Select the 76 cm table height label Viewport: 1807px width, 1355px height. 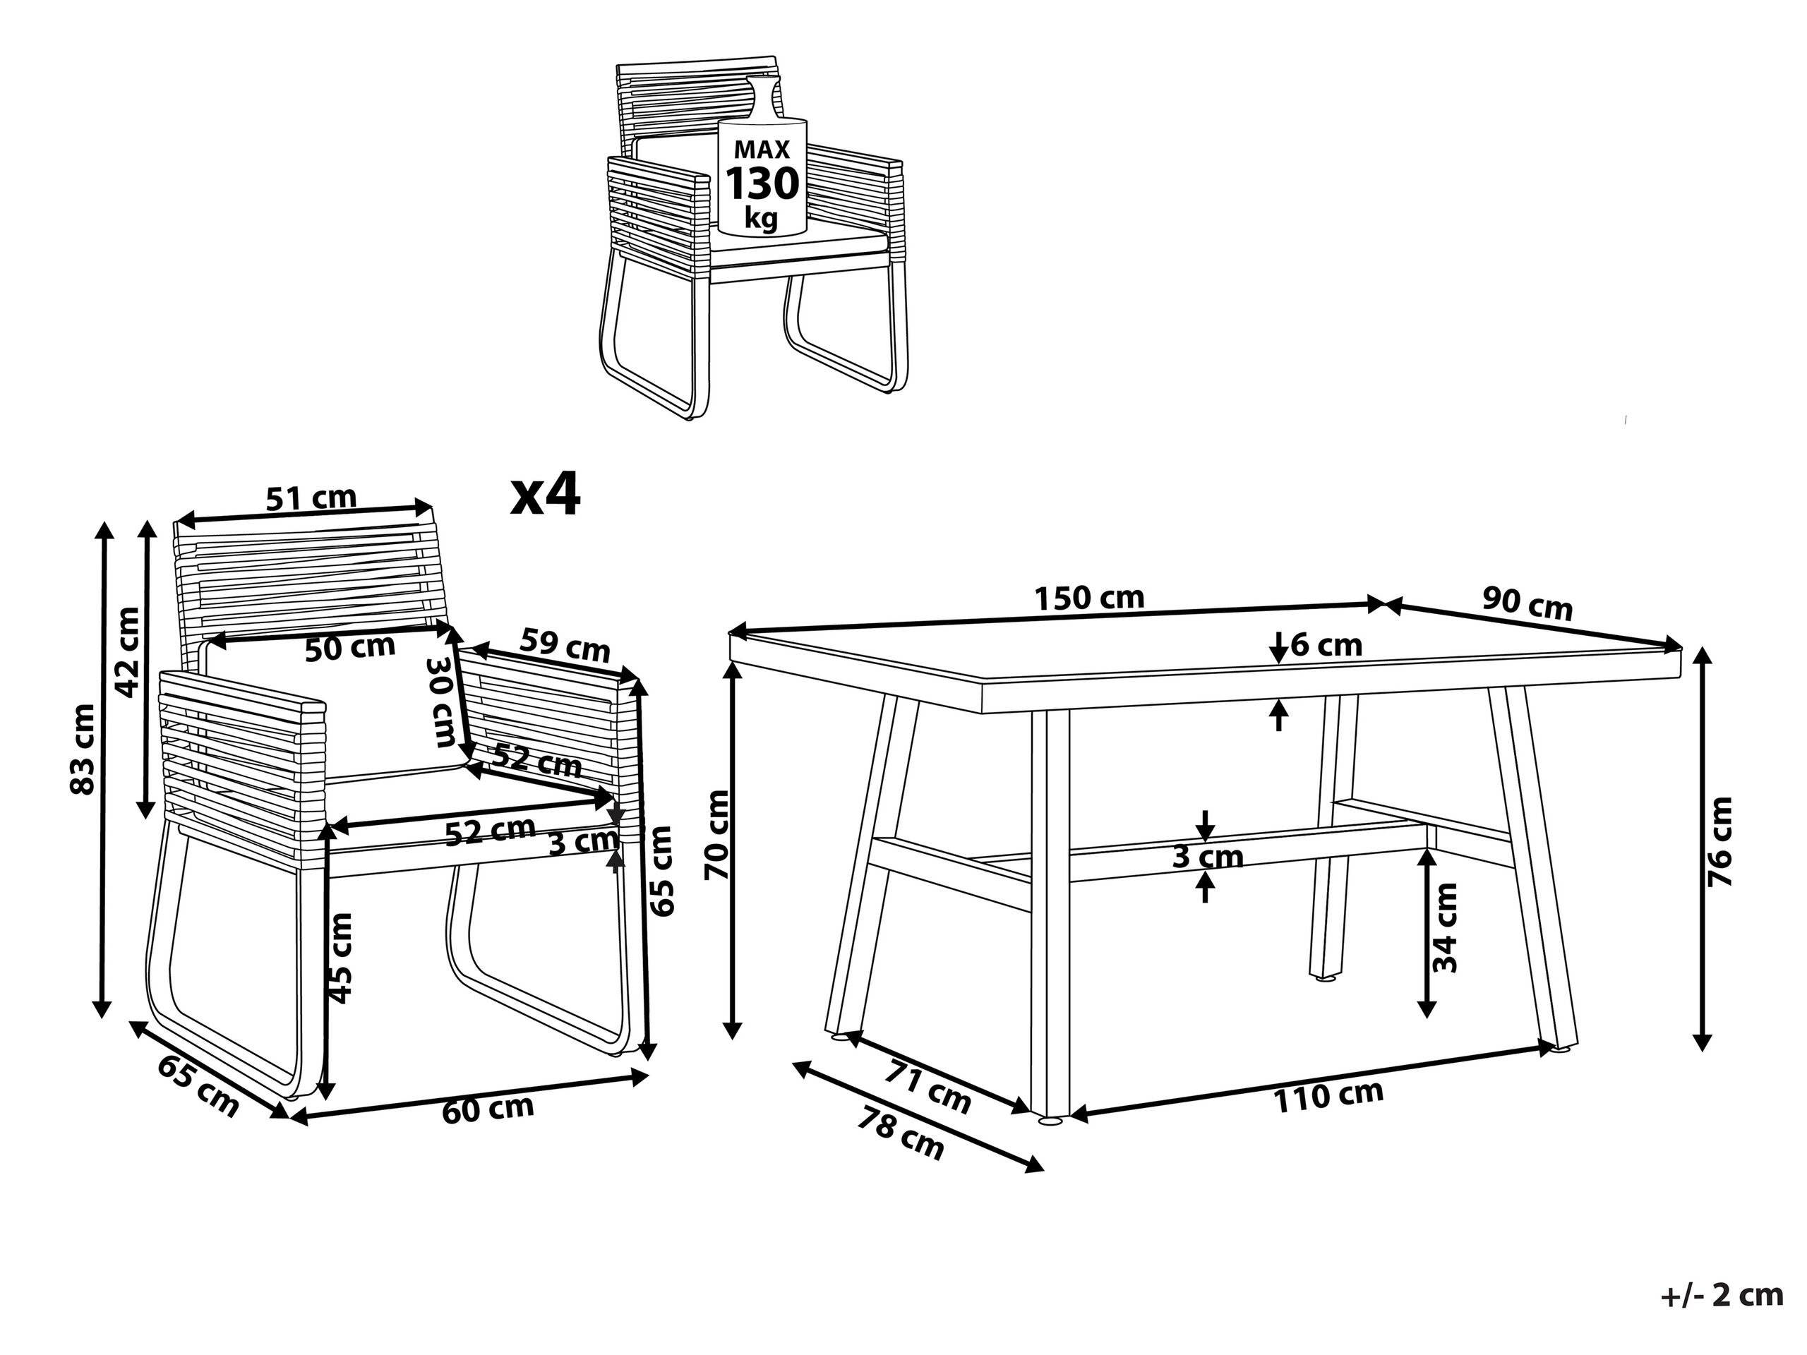[x=1719, y=842]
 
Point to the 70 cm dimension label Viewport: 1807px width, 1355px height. [x=717, y=834]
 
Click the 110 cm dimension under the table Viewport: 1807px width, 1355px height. [x=1329, y=1097]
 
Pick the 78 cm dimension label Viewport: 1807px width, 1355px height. [x=901, y=1133]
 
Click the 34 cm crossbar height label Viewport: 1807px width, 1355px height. [x=1445, y=929]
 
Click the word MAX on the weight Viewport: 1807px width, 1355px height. [x=762, y=150]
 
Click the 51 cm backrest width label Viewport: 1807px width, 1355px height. [x=311, y=498]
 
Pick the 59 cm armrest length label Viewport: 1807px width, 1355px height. [x=565, y=646]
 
